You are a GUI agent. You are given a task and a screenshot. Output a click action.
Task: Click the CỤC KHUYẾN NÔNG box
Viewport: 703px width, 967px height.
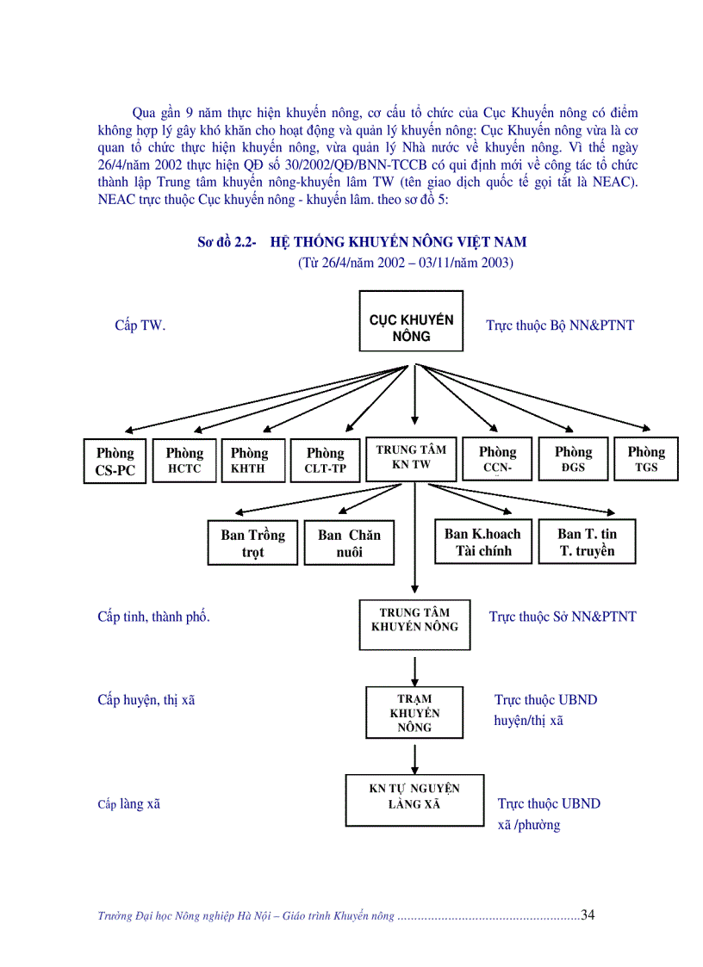(x=411, y=321)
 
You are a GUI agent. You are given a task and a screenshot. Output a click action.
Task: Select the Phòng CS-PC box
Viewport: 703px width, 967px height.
(x=115, y=461)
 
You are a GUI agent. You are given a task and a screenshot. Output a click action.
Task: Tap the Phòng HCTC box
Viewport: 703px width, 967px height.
(x=184, y=460)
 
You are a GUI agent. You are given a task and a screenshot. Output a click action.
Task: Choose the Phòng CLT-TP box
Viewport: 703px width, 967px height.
(x=325, y=460)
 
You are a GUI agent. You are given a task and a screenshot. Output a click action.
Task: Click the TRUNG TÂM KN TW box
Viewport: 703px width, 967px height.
(x=411, y=457)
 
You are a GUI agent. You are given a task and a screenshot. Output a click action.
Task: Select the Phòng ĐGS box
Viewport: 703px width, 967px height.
(x=573, y=459)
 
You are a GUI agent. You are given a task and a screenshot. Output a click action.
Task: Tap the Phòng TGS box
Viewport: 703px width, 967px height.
(x=645, y=459)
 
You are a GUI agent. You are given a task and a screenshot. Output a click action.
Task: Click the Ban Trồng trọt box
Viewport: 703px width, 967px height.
(x=252, y=542)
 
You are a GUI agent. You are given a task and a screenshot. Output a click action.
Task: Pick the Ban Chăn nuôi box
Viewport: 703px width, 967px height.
(x=349, y=542)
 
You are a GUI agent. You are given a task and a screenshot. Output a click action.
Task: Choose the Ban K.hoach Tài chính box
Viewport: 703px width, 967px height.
(x=482, y=542)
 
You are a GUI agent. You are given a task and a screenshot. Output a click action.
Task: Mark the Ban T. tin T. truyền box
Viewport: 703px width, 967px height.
(x=587, y=542)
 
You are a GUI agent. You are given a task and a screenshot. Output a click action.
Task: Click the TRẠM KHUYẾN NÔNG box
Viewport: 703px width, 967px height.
(x=414, y=713)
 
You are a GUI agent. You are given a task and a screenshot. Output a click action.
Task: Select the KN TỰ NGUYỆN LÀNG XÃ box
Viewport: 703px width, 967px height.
(x=414, y=797)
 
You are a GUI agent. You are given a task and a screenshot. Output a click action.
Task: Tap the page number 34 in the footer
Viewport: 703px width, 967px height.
(x=588, y=914)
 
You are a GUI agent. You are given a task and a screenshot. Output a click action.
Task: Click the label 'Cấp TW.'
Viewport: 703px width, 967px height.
(x=140, y=325)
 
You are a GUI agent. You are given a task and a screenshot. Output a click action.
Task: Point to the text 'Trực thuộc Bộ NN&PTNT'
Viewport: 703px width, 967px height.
(x=560, y=325)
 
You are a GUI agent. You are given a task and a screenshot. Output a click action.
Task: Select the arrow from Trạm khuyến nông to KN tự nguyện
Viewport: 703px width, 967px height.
(x=415, y=757)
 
